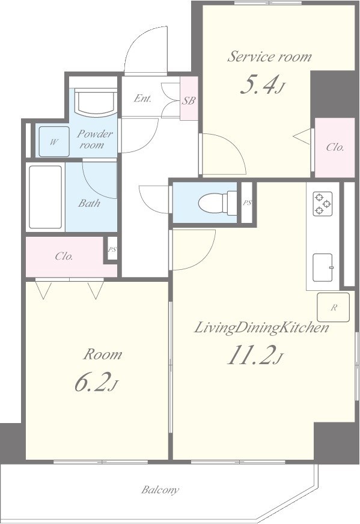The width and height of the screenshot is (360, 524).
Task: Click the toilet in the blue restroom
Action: click(218, 203)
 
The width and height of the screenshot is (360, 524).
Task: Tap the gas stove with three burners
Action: click(323, 204)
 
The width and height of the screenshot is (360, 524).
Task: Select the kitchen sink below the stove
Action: click(323, 267)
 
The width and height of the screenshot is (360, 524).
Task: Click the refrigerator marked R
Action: click(334, 308)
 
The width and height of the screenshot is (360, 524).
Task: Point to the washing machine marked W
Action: click(54, 141)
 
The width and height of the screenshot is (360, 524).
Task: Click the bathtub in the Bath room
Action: click(46, 197)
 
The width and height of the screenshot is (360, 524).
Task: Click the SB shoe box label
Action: click(189, 100)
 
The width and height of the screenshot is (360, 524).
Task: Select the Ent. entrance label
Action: click(142, 99)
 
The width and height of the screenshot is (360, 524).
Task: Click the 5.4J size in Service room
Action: click(262, 85)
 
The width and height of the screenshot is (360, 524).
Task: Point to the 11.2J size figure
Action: click(255, 355)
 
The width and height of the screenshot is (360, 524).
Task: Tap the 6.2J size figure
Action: click(96, 382)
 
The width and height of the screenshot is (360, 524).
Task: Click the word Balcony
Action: click(160, 490)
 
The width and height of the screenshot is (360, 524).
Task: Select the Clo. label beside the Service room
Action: click(335, 147)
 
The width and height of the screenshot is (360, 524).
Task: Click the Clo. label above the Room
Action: click(64, 257)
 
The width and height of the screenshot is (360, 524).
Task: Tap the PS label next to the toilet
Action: click(247, 203)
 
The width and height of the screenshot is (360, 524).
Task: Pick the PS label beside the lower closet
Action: click(112, 249)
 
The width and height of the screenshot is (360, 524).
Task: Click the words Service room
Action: click(269, 56)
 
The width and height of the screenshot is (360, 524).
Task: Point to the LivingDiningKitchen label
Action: click(261, 327)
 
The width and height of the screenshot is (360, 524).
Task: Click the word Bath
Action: click(89, 203)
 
